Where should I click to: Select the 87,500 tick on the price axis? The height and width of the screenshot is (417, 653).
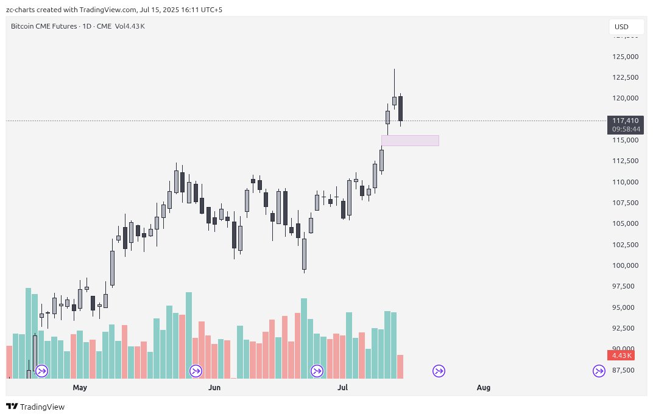point(626,370)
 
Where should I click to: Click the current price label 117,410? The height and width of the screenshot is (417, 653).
point(626,121)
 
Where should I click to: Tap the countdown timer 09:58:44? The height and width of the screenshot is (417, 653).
point(626,129)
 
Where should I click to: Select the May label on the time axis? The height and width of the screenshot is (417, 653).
point(80,387)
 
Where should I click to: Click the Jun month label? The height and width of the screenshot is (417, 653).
point(214,387)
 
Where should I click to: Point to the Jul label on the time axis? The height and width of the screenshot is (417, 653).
point(343,387)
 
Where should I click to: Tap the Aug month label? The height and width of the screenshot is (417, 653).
point(484,387)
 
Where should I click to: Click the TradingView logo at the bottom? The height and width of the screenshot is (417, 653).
point(35,407)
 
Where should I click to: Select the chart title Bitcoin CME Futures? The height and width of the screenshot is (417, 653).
point(44,26)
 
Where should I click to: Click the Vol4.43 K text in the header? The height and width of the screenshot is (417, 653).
point(130,26)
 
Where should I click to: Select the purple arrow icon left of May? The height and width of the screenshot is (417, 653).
point(42,371)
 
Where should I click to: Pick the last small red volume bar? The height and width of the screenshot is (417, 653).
point(400,366)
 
